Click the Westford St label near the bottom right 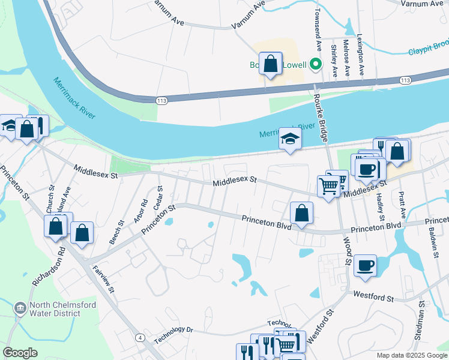click(373, 296)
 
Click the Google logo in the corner click(20, 352)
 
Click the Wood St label click(347, 250)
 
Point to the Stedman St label click(421, 323)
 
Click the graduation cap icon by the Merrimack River click(291, 140)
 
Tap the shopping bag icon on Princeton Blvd click(301, 213)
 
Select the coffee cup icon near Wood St click(365, 266)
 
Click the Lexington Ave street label click(361, 53)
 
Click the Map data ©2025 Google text click(411, 355)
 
